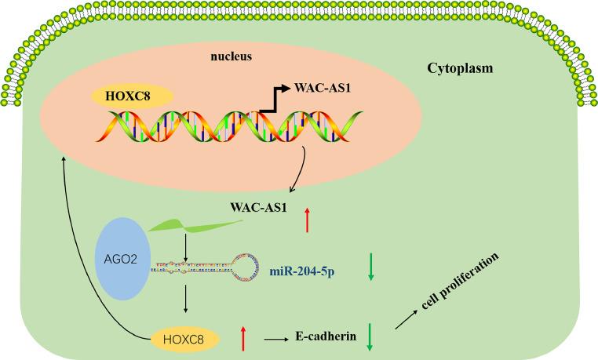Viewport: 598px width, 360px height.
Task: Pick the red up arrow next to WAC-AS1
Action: click(307, 222)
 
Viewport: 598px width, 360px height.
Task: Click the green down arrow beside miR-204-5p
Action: click(371, 267)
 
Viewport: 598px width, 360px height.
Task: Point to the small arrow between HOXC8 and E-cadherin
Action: click(276, 339)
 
